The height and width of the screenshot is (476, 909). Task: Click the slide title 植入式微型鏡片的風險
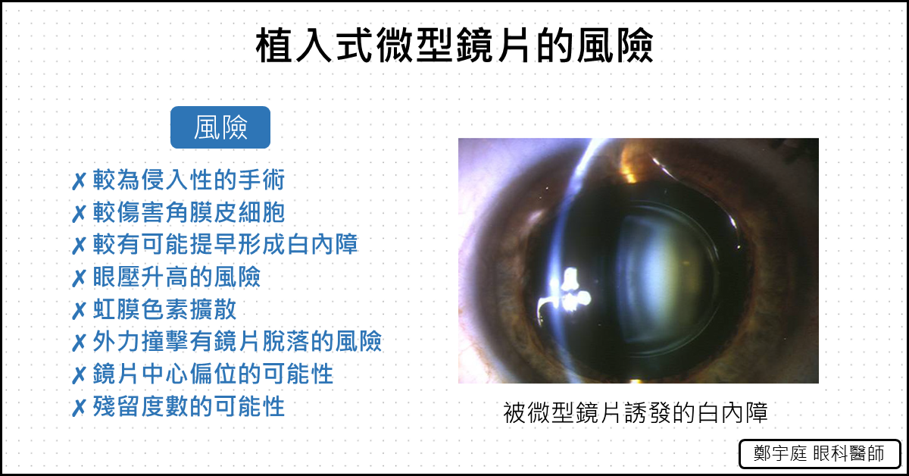[x=454, y=45]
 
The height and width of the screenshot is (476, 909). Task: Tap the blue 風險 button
[x=220, y=127]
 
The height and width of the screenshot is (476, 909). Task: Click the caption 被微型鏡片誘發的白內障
[x=636, y=412]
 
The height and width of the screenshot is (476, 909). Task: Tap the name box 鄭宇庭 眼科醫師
[x=820, y=454]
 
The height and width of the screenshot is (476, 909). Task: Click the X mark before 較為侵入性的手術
[x=79, y=181]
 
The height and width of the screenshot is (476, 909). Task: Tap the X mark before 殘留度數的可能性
[x=79, y=408]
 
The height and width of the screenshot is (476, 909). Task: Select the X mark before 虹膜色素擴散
[x=79, y=311]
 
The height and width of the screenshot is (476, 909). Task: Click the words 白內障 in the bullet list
[x=323, y=244]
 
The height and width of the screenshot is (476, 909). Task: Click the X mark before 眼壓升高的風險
[x=79, y=278]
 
